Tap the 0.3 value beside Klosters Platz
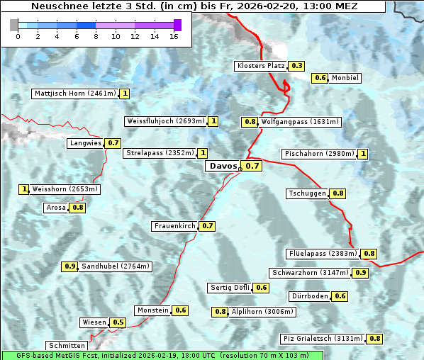click(x=297, y=66)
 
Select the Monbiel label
click(x=345, y=78)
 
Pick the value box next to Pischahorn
click(x=364, y=154)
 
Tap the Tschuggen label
click(x=308, y=193)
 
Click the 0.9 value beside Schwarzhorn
click(x=361, y=273)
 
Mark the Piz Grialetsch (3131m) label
click(x=323, y=339)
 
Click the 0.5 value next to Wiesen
click(x=118, y=322)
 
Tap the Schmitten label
click(x=67, y=345)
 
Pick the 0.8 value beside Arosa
click(x=78, y=208)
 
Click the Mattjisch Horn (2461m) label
click(x=74, y=94)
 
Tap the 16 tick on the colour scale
click(x=174, y=36)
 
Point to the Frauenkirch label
click(x=174, y=226)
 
